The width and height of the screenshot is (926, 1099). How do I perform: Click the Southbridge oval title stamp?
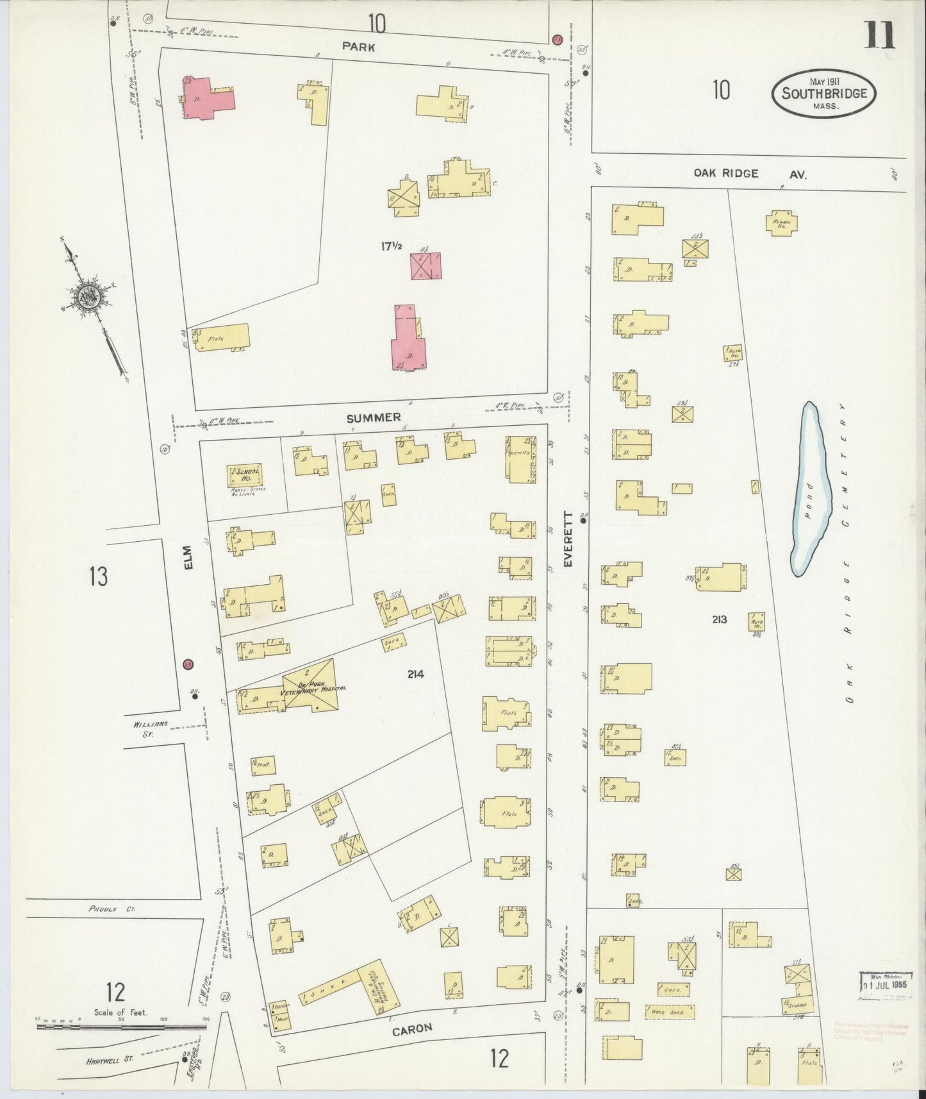[824, 94]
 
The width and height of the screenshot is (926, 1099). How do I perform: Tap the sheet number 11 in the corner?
[881, 35]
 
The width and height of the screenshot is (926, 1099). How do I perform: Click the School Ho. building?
[245, 475]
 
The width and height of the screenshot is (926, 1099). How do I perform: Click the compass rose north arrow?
[87, 296]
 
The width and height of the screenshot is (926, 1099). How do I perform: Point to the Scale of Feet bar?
[122, 1026]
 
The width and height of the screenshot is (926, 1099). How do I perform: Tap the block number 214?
[415, 674]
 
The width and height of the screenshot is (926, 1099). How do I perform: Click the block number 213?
[718, 619]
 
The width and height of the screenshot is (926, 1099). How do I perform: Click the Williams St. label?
[151, 728]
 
